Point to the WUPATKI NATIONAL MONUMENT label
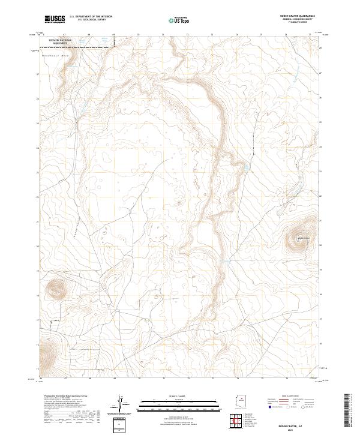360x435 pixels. pyautogui.click(x=61, y=42)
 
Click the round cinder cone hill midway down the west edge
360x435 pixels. pyautogui.click(x=56, y=289)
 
